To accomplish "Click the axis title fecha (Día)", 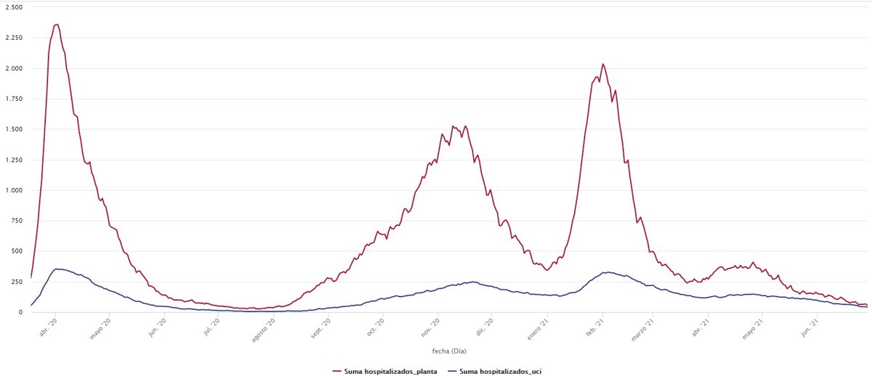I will (x=448, y=351).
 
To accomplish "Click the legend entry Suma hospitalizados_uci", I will (x=500, y=371).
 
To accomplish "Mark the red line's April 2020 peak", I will (x=57, y=24).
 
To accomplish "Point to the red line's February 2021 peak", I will (x=602, y=64).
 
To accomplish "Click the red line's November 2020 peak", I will (x=453, y=126).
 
